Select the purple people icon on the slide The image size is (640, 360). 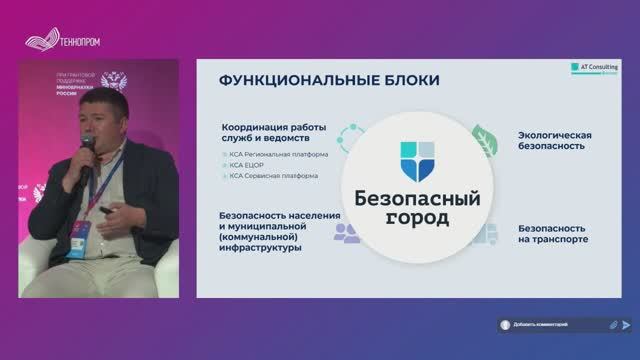pos(346,232)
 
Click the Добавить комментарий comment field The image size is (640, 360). pos(550,325)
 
